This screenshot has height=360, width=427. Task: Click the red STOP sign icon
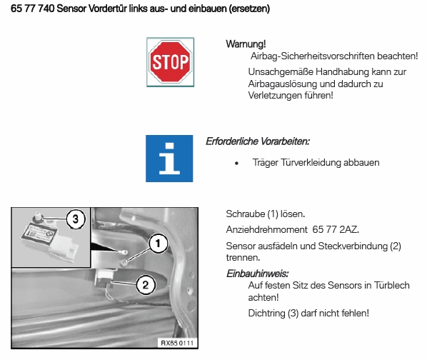(x=170, y=62)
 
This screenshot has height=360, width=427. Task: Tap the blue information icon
(x=169, y=159)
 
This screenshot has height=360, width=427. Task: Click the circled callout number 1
(x=158, y=243)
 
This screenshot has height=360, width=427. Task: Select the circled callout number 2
(x=146, y=285)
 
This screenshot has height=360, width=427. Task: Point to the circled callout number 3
(x=76, y=219)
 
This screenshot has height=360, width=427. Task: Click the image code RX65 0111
(x=177, y=343)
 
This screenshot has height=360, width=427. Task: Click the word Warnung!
(x=246, y=44)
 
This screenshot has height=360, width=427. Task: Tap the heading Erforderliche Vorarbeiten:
(x=258, y=141)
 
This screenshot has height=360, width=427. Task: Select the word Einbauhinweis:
(x=258, y=274)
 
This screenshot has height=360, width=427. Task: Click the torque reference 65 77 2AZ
(x=336, y=229)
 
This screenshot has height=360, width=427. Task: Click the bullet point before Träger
(x=236, y=163)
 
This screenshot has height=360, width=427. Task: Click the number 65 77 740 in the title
(x=32, y=9)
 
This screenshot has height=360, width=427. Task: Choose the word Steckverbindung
(x=353, y=246)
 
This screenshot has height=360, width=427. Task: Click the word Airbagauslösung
(x=283, y=84)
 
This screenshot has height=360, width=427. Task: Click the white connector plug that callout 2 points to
(x=105, y=276)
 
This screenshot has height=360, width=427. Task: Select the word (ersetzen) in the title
(x=249, y=9)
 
